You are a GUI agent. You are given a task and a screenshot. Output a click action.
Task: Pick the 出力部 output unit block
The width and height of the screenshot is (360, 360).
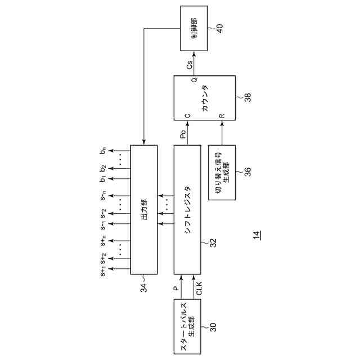point(143,210)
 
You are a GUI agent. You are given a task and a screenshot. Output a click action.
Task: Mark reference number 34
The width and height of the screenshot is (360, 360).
point(145,287)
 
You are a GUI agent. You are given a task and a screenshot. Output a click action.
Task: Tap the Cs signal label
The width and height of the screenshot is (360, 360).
point(190,66)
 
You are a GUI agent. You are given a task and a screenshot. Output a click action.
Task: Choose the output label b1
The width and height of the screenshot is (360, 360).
point(103,178)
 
